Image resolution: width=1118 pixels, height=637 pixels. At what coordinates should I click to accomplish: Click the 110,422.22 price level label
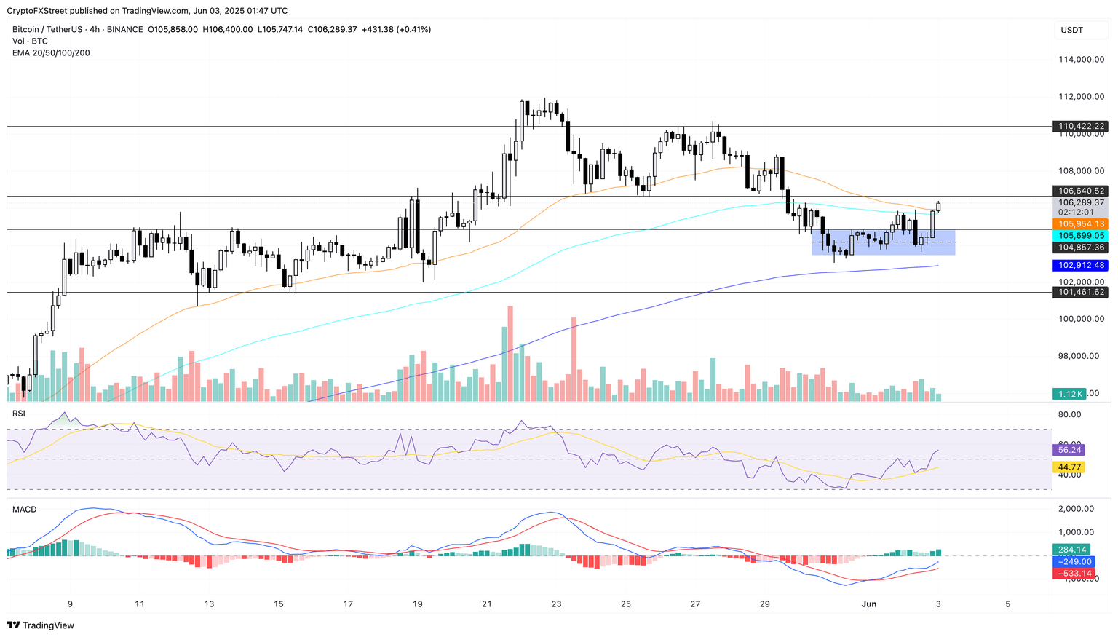tap(1080, 126)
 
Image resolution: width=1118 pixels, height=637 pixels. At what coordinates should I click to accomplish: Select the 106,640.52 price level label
tap(1080, 191)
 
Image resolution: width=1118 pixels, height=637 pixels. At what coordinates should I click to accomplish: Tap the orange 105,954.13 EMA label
tap(1080, 223)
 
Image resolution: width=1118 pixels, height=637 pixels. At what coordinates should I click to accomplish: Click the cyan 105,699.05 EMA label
tap(1080, 235)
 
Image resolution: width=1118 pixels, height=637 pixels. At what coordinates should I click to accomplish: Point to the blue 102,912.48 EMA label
tap(1080, 265)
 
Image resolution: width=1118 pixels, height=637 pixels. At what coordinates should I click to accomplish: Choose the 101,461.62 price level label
tap(1080, 292)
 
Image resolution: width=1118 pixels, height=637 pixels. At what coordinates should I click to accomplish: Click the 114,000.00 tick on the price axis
tap(1080, 60)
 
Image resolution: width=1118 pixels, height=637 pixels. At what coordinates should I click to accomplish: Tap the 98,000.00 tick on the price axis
tap(1080, 356)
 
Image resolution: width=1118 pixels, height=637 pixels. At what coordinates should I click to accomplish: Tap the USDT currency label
tap(1072, 30)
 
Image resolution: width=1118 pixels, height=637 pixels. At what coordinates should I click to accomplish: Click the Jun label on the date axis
tap(868, 604)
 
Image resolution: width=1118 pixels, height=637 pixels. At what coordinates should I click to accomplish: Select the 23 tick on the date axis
tap(556, 604)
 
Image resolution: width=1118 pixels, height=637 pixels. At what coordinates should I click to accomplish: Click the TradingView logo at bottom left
tap(41, 625)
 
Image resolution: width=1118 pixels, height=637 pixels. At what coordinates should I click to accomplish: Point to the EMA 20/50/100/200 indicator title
tap(51, 52)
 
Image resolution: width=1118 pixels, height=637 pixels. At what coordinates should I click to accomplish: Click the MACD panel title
tap(24, 510)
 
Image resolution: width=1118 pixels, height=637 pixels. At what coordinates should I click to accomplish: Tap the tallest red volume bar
tap(510, 353)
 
